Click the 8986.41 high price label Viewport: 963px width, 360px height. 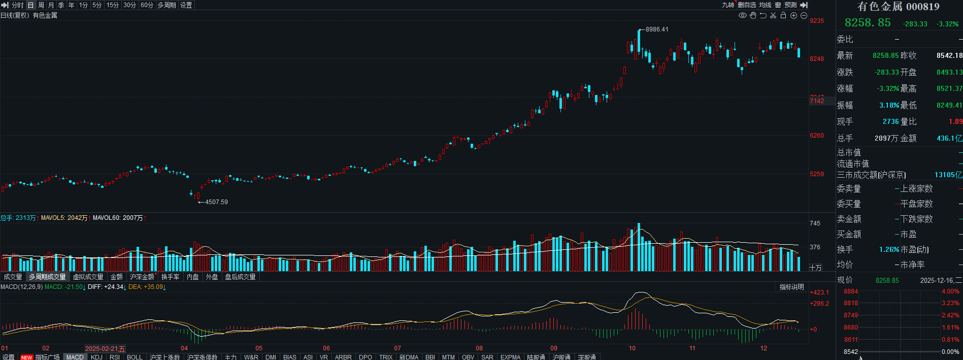click(x=657, y=29)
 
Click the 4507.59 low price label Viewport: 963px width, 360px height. click(x=216, y=202)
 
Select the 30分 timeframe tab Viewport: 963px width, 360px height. click(x=129, y=5)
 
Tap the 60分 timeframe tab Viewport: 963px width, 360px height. click(x=147, y=5)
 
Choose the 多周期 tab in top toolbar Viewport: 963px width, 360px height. click(x=167, y=5)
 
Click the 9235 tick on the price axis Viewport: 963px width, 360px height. click(x=817, y=21)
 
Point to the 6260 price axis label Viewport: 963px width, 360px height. click(x=817, y=136)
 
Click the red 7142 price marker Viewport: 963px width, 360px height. click(x=817, y=101)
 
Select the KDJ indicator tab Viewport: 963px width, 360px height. click(x=96, y=357)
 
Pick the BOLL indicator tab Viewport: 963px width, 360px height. click(x=135, y=357)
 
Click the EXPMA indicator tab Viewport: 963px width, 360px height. click(x=510, y=357)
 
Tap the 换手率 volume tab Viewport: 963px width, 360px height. click(x=170, y=277)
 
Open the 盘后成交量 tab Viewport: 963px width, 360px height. click(x=240, y=277)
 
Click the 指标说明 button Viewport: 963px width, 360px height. click(x=791, y=287)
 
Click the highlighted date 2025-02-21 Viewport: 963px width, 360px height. click(x=105, y=349)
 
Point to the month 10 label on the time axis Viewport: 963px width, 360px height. click(x=632, y=348)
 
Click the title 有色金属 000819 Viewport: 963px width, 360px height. click(x=898, y=7)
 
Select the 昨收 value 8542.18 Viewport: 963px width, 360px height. click(x=949, y=55)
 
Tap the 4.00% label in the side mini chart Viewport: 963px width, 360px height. click(x=950, y=291)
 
